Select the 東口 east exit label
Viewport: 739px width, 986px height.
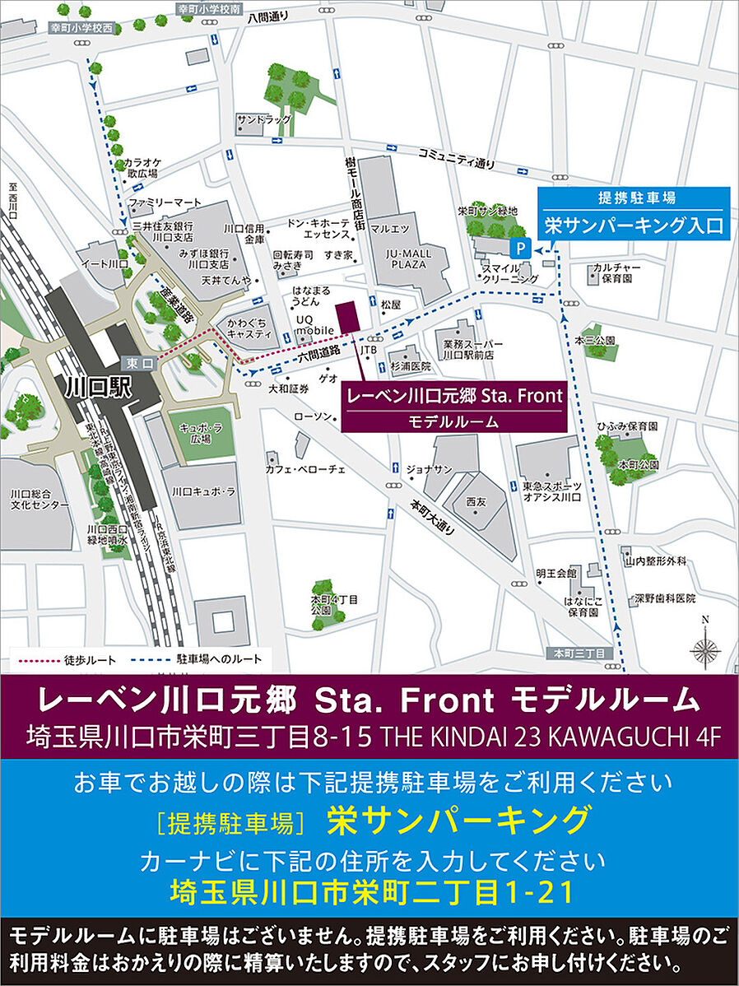point(135,363)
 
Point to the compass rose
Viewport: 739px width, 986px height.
point(704,649)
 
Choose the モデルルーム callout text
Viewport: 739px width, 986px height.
point(453,421)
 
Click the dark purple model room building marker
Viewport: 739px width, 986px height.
point(346,317)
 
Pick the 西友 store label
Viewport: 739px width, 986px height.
point(476,501)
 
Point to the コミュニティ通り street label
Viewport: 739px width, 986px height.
point(458,157)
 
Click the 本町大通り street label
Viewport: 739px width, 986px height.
point(433,517)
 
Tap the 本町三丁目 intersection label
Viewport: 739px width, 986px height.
point(580,653)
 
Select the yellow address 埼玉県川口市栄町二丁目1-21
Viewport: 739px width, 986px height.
point(369,891)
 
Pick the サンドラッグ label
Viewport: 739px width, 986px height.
point(263,120)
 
